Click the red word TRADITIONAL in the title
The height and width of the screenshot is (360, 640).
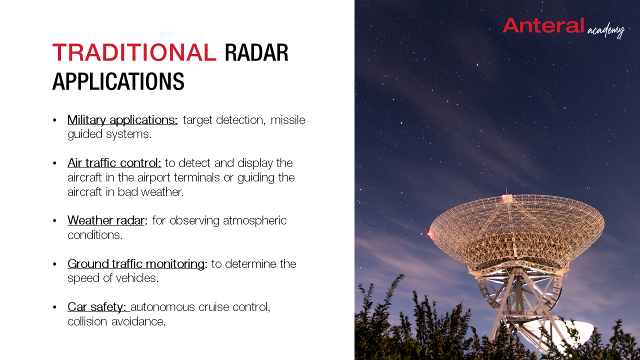point(134,52)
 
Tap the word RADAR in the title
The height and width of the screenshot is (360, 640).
point(256,52)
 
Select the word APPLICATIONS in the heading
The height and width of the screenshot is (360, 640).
point(118,81)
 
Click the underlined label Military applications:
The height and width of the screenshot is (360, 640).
point(122,120)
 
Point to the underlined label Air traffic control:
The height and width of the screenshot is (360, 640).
point(114,163)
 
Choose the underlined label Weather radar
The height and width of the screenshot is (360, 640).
point(106,220)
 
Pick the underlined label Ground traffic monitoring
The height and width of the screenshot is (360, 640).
point(136,263)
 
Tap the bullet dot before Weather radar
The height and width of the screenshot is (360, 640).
point(54,220)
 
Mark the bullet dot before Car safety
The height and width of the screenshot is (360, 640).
point(54,307)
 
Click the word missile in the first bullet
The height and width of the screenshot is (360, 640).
point(288,120)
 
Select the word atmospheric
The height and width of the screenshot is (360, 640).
point(254,221)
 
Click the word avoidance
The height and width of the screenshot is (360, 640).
point(138,321)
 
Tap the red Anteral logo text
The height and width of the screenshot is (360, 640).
point(543,25)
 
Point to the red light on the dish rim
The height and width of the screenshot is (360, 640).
point(429,234)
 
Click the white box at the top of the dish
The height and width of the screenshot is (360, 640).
point(507,199)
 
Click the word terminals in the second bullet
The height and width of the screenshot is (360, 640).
point(197,177)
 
